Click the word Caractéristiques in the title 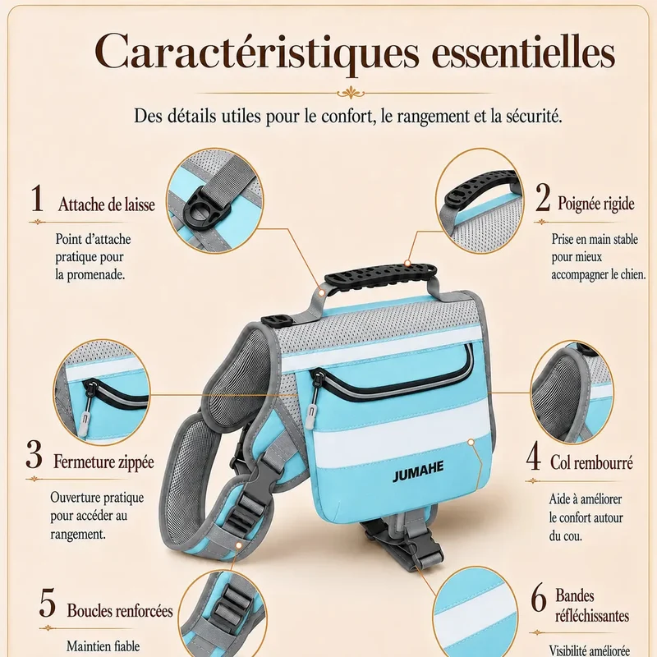tap(257, 53)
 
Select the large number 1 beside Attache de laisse tap(37, 198)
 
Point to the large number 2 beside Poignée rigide tap(543, 197)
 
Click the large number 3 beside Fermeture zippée tap(34, 455)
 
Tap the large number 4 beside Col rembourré tap(533, 456)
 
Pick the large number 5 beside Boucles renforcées tap(48, 604)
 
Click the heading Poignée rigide tap(596, 204)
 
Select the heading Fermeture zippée tap(103, 462)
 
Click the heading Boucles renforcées tap(120, 610)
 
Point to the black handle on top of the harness tap(380, 275)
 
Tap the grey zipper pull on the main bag tap(310, 416)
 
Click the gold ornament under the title tap(351, 92)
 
